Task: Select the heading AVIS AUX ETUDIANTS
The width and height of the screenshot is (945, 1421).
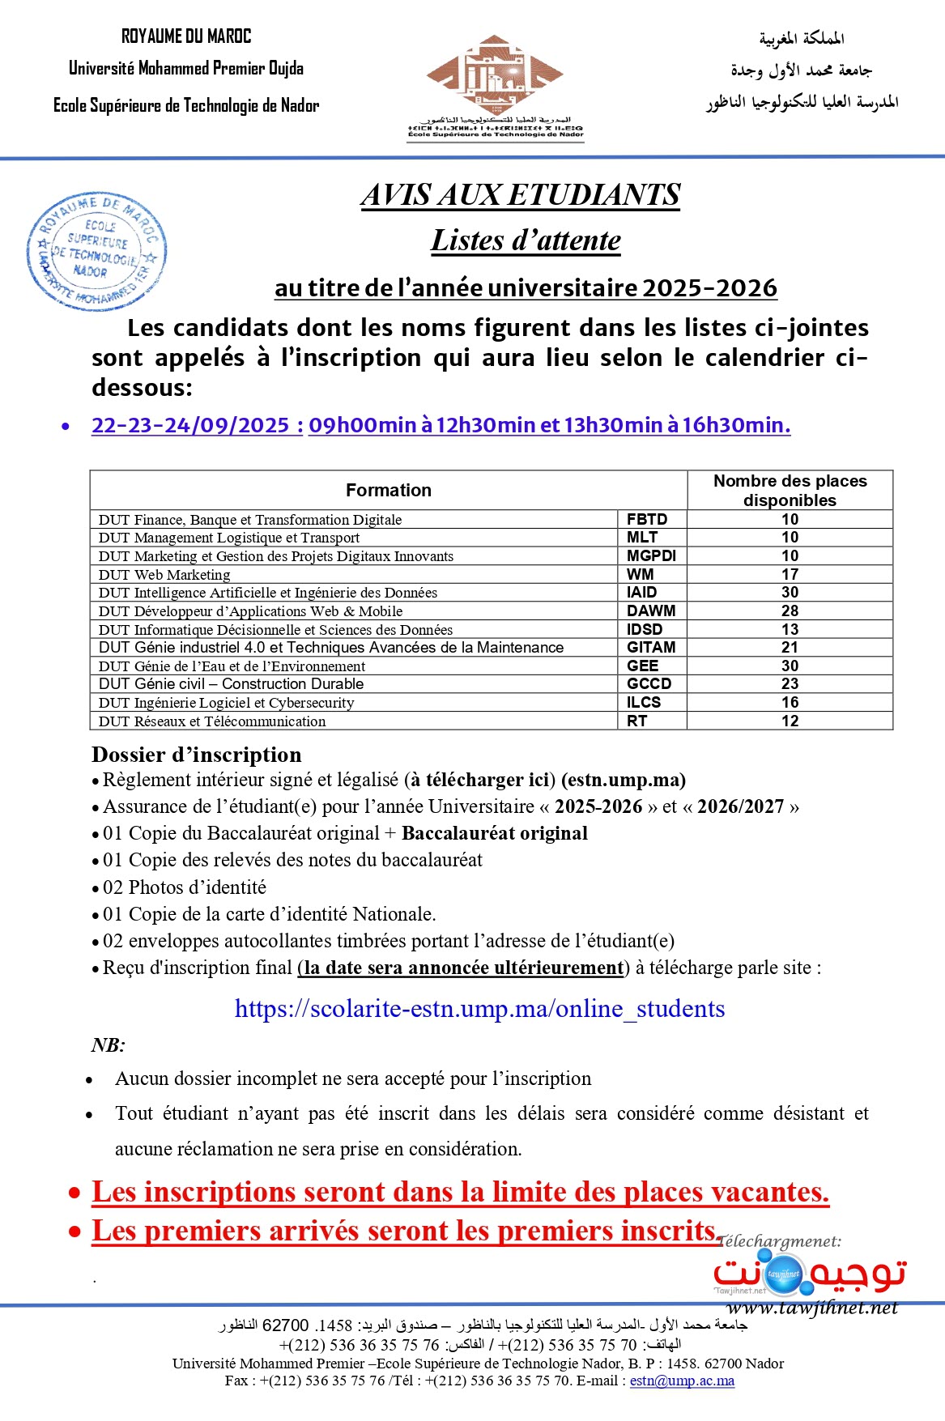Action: [520, 195]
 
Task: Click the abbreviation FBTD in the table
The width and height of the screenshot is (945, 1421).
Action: [647, 519]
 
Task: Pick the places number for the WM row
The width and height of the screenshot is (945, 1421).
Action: [790, 574]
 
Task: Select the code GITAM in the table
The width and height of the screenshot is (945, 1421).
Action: [650, 647]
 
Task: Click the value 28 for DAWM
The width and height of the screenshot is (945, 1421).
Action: [790, 611]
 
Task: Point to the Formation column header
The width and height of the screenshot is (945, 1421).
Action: [389, 490]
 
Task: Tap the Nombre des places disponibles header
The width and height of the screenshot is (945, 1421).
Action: [790, 490]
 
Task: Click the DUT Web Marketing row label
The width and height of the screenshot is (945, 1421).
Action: [164, 575]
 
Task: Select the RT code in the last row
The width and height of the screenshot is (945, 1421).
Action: [637, 721]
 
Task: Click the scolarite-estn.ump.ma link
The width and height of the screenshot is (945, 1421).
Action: [479, 1009]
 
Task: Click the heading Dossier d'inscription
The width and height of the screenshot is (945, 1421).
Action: [197, 755]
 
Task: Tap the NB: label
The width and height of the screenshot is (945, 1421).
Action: [108, 1044]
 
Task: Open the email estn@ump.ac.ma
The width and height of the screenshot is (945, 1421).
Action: [682, 1381]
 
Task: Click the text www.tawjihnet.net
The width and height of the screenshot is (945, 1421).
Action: [812, 1308]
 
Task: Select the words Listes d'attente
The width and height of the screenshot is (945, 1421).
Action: [526, 240]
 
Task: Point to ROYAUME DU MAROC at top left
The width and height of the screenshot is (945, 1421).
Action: [186, 36]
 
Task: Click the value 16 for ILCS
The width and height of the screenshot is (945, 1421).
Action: [790, 702]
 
